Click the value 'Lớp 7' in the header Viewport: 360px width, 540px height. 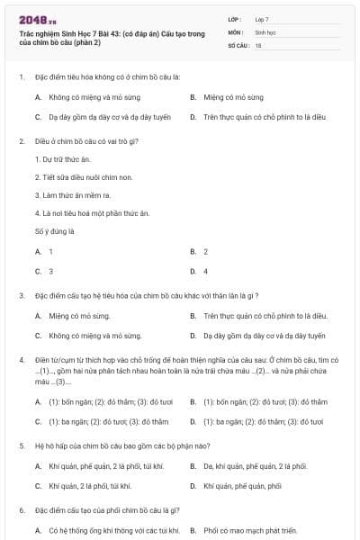coord(262,19)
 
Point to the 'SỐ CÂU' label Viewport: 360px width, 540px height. coord(238,44)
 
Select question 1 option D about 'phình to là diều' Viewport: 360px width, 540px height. coord(257,117)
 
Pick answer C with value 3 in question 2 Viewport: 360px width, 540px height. coord(50,271)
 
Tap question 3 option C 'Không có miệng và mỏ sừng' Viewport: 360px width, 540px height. coord(94,336)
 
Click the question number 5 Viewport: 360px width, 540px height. coord(21,445)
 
